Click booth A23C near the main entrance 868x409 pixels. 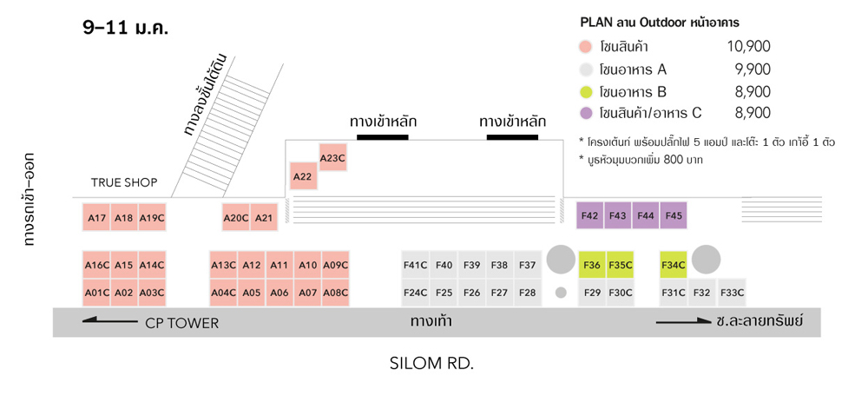333,158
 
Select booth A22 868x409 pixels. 303,176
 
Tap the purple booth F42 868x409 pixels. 590,215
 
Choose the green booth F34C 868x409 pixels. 674,265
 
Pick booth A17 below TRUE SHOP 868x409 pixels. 97,218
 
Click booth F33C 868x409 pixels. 732,293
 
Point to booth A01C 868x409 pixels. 97,293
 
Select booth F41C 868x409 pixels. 416,265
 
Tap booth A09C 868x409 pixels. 335,265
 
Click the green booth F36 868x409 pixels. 592,265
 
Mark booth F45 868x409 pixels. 674,215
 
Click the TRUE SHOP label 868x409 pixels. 124,182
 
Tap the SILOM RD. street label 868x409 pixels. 431,364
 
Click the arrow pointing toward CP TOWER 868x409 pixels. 109,320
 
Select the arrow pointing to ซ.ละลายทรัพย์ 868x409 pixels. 684,320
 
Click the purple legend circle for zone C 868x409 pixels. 586,114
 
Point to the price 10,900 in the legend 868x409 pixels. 748,47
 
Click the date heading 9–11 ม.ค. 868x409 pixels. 126,29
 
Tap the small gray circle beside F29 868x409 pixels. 560,293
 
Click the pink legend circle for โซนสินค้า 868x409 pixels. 586,47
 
